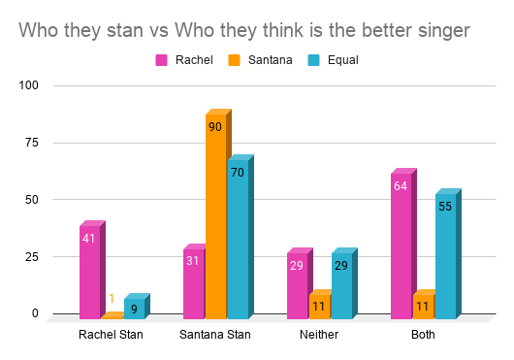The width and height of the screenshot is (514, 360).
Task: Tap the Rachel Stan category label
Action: pyautogui.click(x=111, y=335)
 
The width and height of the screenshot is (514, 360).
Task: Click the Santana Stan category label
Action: pyautogui.click(x=215, y=335)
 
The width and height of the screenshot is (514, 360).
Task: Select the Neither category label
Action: pyautogui.click(x=319, y=335)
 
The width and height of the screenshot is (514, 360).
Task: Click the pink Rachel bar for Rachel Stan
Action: pyautogui.click(x=89, y=273)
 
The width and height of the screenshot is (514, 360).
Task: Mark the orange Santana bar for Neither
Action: pyautogui.click(x=319, y=307)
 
